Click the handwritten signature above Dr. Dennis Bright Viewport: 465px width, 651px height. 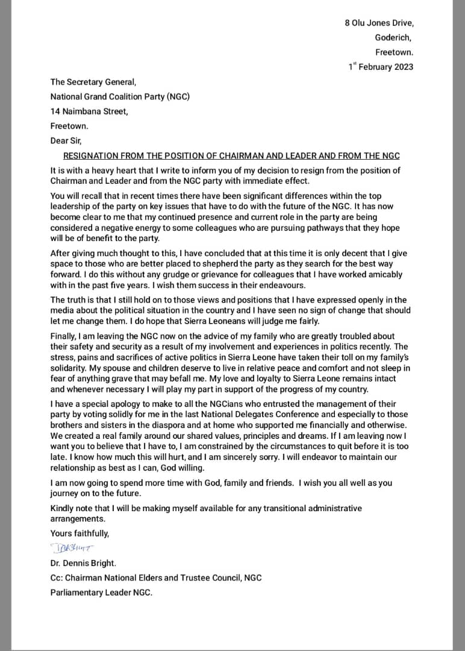click(x=73, y=548)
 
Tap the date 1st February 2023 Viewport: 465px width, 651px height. click(x=381, y=67)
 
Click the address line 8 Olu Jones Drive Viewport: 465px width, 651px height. click(x=379, y=23)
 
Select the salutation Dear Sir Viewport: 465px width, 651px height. click(x=65, y=141)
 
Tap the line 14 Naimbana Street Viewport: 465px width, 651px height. click(x=89, y=111)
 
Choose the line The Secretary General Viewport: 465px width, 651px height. click(x=93, y=83)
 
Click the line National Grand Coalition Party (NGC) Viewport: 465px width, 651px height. click(x=120, y=96)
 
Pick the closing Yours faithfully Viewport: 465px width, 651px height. click(x=80, y=533)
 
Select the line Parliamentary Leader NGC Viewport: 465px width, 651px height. click(x=101, y=592)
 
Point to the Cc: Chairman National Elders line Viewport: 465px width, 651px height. click(x=156, y=577)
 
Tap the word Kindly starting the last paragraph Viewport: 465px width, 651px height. click(x=63, y=508)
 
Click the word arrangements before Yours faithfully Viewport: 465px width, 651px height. click(x=78, y=518)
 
